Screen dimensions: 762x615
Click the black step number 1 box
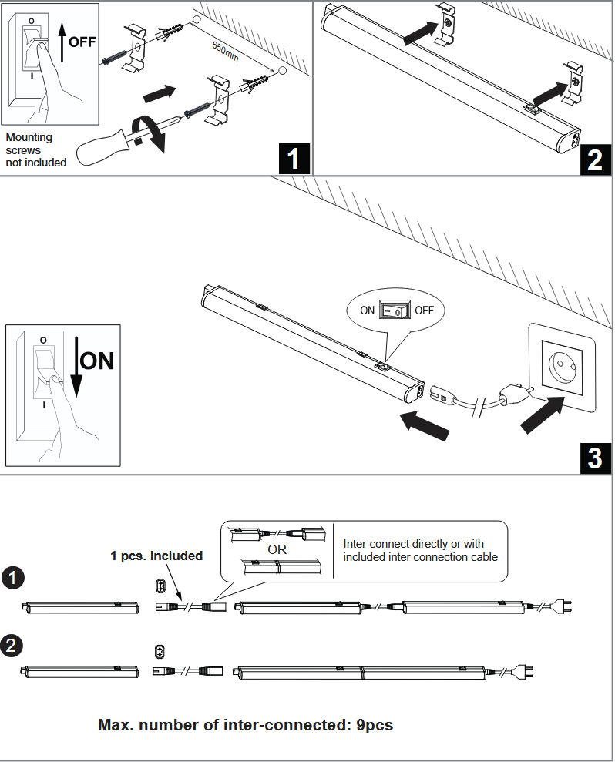[293, 159]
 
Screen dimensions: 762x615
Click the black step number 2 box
[595, 159]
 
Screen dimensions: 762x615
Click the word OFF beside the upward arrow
[82, 42]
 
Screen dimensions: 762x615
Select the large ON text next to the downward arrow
[97, 361]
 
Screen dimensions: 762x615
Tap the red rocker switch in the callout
[395, 311]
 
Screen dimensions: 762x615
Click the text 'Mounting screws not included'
[36, 149]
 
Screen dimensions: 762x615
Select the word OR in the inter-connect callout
[277, 550]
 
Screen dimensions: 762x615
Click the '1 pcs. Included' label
[156, 556]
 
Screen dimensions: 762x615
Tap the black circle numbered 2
[12, 645]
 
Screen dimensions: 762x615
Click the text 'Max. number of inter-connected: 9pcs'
[245, 725]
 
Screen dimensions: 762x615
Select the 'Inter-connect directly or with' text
[413, 544]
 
